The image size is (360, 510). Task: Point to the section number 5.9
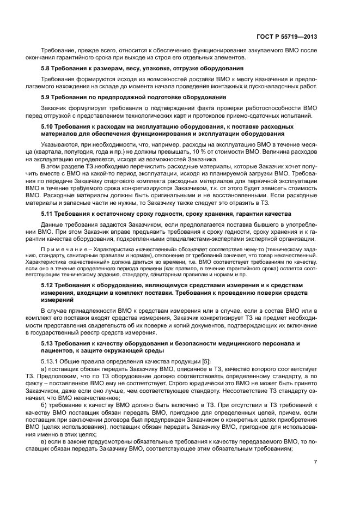point(47,96)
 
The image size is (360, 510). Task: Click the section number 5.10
point(48,126)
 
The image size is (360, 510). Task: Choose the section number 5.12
point(48,285)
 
